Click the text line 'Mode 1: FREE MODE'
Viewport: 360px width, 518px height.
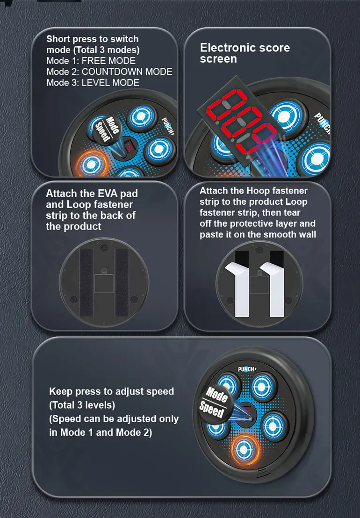pyautogui.click(x=91, y=61)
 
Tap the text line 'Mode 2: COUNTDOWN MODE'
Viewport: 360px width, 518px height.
pyautogui.click(x=109, y=72)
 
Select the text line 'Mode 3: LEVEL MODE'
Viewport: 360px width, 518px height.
pyautogui.click(x=93, y=83)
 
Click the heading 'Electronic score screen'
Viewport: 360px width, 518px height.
pyautogui.click(x=245, y=53)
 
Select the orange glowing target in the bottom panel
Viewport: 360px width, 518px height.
pyautogui.click(x=245, y=450)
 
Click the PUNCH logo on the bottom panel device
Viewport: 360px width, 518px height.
pyautogui.click(x=247, y=369)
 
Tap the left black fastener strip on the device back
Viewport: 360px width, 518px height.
pyautogui.click(x=86, y=282)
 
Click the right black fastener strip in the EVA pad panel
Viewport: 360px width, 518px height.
pyautogui.click(x=122, y=282)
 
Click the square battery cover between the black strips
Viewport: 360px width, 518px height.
pyautogui.click(x=104, y=283)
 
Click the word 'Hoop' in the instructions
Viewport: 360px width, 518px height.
pyautogui.click(x=258, y=191)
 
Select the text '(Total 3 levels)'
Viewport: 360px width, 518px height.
pyautogui.click(x=82, y=405)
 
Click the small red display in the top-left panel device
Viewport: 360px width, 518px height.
pyautogui.click(x=129, y=146)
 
